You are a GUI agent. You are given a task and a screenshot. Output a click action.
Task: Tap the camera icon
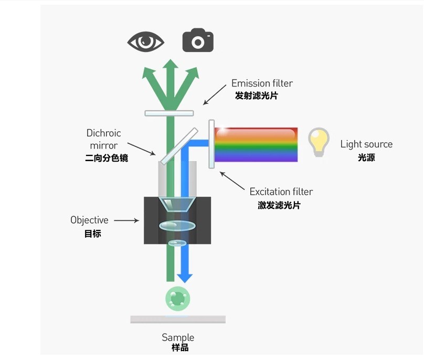point(198,40)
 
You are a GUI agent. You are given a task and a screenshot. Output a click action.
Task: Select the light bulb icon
point(319,142)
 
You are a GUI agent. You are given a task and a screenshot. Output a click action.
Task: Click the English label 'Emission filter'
point(262,83)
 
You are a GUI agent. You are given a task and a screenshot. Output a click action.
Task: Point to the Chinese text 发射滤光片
point(256,96)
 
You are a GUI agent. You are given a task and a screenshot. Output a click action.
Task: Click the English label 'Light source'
point(366,144)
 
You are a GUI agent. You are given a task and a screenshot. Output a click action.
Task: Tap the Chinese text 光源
point(366,157)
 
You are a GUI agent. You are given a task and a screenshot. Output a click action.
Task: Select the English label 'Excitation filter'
point(281,192)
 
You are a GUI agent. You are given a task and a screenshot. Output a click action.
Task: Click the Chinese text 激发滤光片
point(279,205)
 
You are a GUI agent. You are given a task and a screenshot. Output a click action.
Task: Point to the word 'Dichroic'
point(103,133)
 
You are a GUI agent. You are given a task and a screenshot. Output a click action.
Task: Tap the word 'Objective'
point(89,220)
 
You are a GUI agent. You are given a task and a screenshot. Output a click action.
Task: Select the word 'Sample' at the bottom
point(177,337)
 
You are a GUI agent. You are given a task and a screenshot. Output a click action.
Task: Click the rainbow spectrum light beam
point(256,144)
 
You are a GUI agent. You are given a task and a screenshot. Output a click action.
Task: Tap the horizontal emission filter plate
point(169,113)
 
